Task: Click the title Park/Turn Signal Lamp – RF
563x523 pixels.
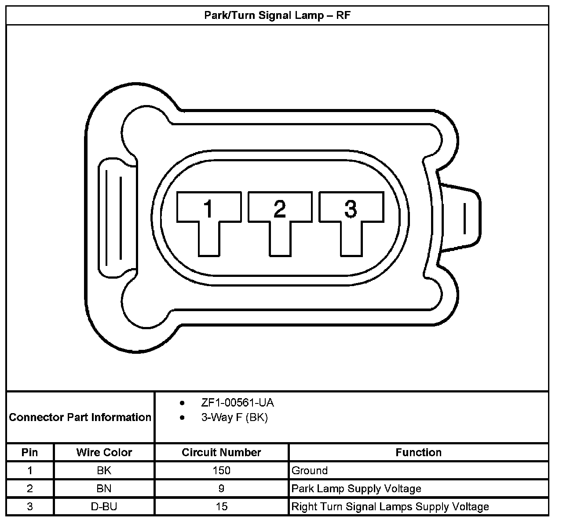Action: [x=277, y=15]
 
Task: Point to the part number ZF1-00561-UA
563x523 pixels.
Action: [x=238, y=403]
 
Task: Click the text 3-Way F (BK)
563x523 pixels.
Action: [x=234, y=417]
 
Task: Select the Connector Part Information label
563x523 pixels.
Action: [x=80, y=417]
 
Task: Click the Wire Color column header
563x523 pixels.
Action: [x=104, y=452]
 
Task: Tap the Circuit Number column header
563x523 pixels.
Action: [x=221, y=452]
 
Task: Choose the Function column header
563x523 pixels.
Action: [x=418, y=452]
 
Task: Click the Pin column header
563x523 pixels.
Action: [x=29, y=452]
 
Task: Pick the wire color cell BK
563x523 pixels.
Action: [x=104, y=470]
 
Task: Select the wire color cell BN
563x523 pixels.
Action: [x=104, y=488]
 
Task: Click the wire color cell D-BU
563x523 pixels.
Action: [x=104, y=506]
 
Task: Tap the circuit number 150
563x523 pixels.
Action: [x=221, y=470]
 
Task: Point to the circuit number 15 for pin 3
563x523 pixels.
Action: [x=221, y=506]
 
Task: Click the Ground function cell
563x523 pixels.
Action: [x=310, y=470]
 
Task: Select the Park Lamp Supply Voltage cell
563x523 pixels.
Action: [x=356, y=488]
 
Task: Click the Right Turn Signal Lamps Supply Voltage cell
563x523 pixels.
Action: [x=390, y=506]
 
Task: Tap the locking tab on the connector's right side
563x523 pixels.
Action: [x=462, y=218]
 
